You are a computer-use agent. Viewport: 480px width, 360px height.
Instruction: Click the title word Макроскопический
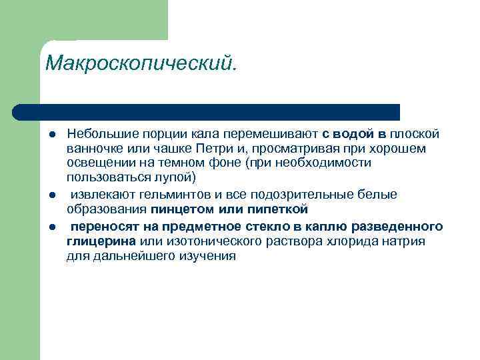pyautogui.click(x=141, y=64)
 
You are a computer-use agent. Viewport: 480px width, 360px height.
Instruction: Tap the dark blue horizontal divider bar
pyautogui.click(x=207, y=111)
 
